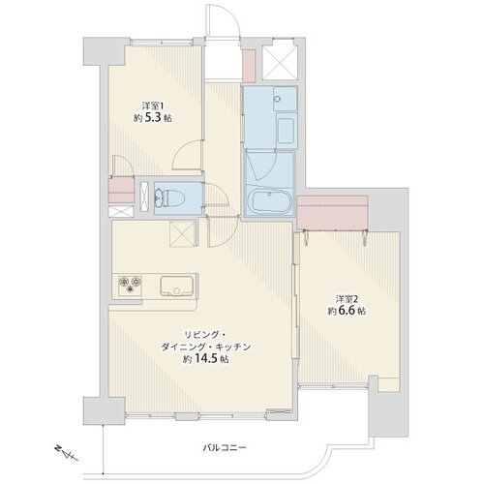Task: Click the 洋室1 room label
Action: [150, 106]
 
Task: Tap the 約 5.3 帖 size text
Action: [153, 118]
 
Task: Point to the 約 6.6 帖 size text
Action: [347, 311]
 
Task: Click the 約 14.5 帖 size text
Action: [206, 359]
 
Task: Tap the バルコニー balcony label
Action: [225, 448]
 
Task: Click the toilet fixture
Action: [168, 198]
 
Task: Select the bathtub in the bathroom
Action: [272, 201]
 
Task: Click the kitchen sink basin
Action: [176, 287]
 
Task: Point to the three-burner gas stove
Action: [130, 285]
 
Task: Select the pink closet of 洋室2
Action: [332, 213]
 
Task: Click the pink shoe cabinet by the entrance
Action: [249, 66]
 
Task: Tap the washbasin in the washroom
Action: [285, 99]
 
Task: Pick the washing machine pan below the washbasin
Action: [287, 131]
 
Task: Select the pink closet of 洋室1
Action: [121, 190]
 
